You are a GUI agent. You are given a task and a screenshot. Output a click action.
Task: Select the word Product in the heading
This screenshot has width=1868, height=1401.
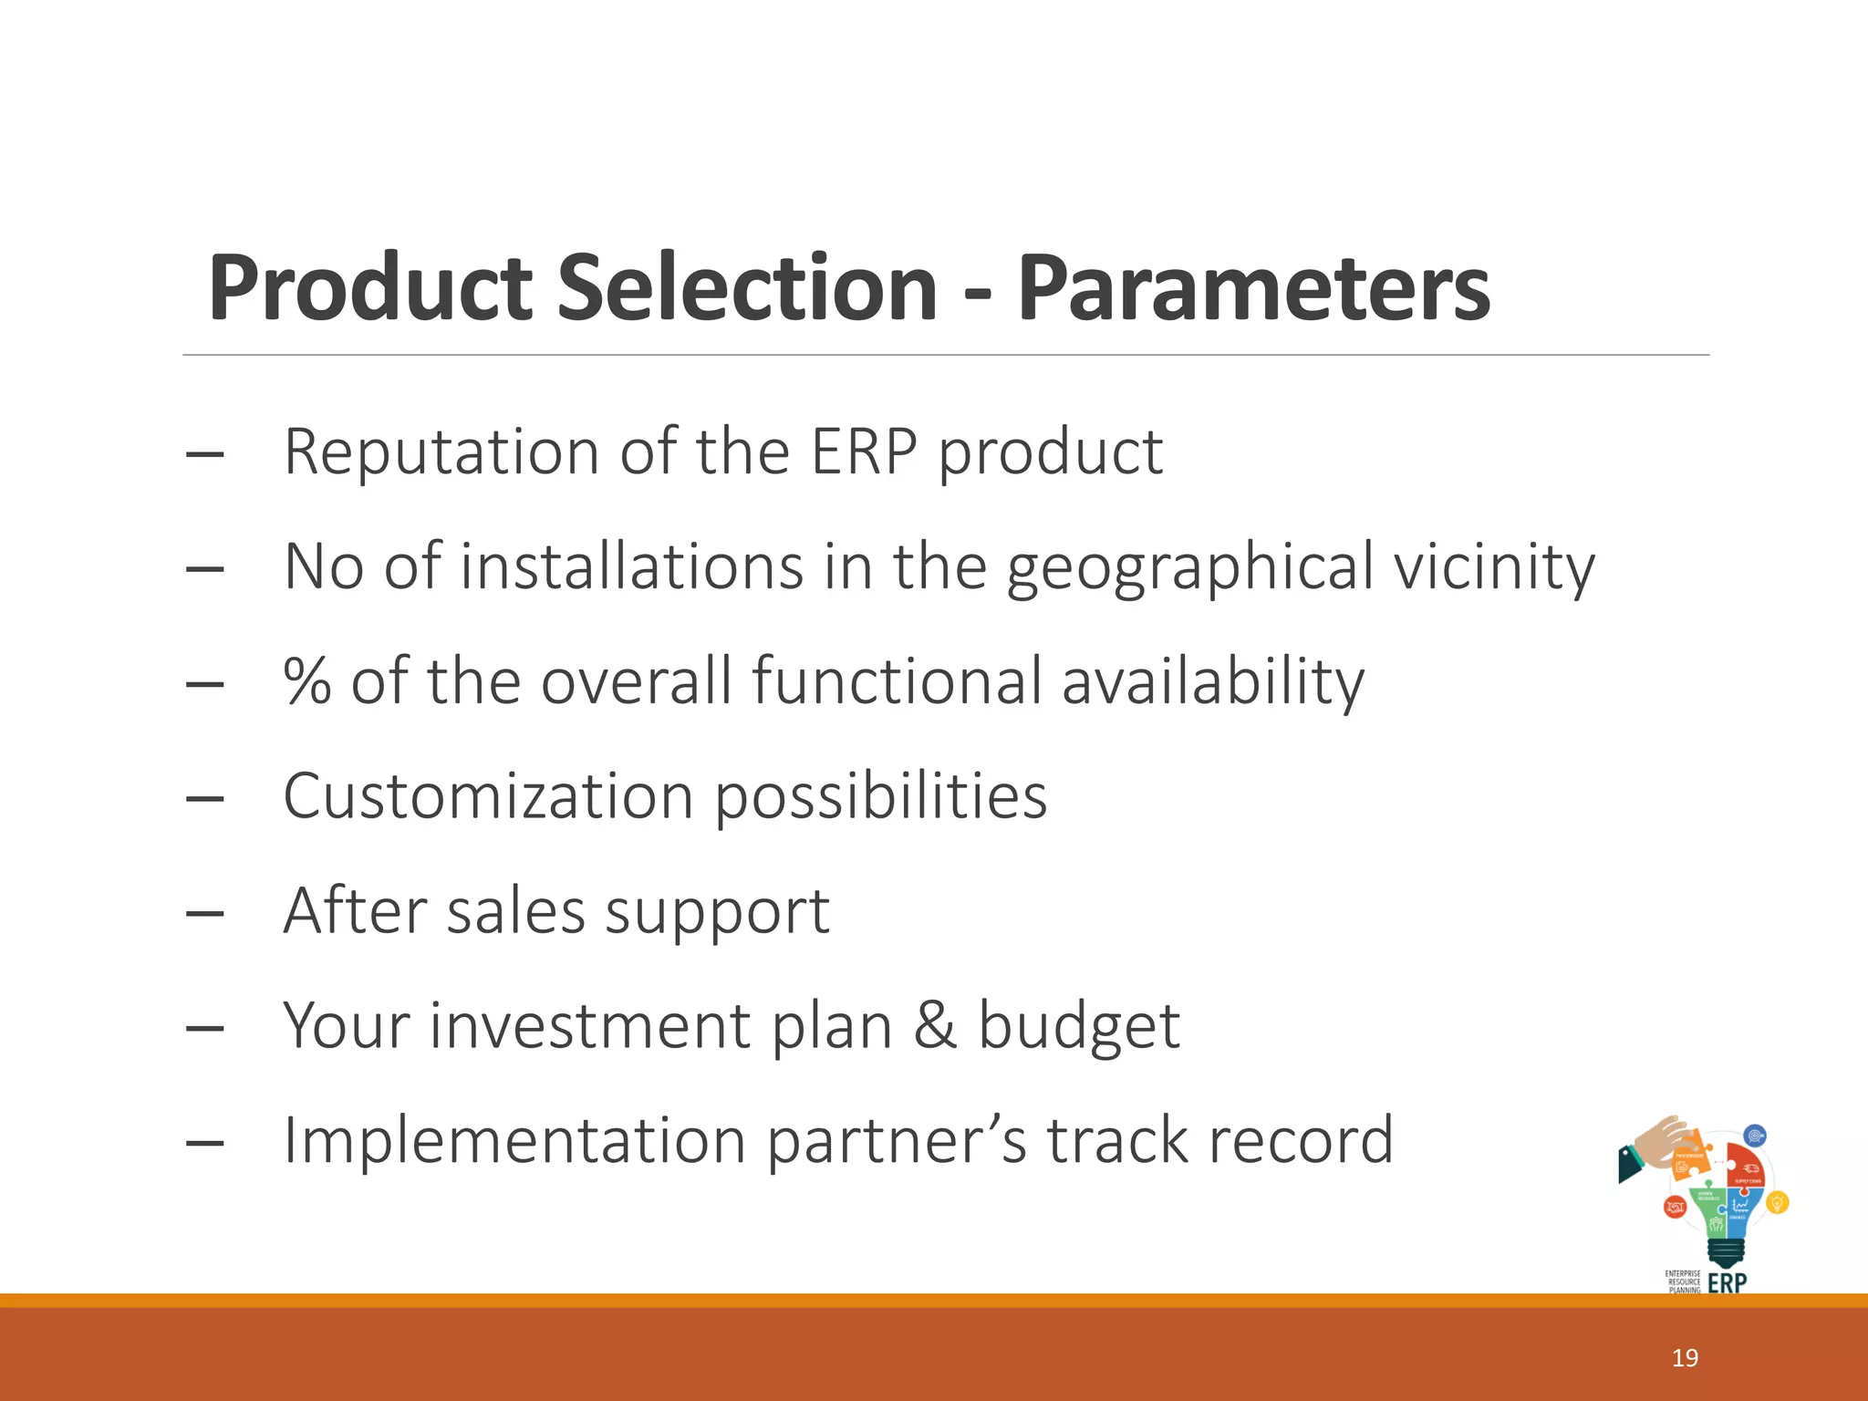click(x=369, y=288)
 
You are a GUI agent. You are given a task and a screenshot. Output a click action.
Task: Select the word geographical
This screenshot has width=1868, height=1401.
click(x=1189, y=567)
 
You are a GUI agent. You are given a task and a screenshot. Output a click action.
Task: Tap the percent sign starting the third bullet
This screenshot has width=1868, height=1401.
click(x=306, y=681)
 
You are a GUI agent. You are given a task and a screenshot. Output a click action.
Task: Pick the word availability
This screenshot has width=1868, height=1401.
click(x=1213, y=681)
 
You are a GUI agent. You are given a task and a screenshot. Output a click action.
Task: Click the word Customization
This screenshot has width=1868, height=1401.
click(x=489, y=796)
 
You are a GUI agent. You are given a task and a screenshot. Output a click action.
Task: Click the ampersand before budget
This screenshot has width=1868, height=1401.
click(x=935, y=1025)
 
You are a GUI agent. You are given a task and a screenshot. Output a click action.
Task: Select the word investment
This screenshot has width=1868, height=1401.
click(x=589, y=1025)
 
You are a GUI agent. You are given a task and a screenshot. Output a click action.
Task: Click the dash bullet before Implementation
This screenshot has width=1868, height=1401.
click(x=204, y=1142)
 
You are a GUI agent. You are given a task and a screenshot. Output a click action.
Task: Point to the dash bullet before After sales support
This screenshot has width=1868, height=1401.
click(x=204, y=912)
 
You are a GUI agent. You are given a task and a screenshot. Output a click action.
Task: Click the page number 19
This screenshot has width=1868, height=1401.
click(x=1685, y=1358)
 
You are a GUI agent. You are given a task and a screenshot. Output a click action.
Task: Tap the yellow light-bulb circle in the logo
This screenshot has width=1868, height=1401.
click(x=1777, y=1203)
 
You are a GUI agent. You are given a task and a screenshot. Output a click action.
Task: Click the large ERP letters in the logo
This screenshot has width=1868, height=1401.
click(x=1727, y=1282)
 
